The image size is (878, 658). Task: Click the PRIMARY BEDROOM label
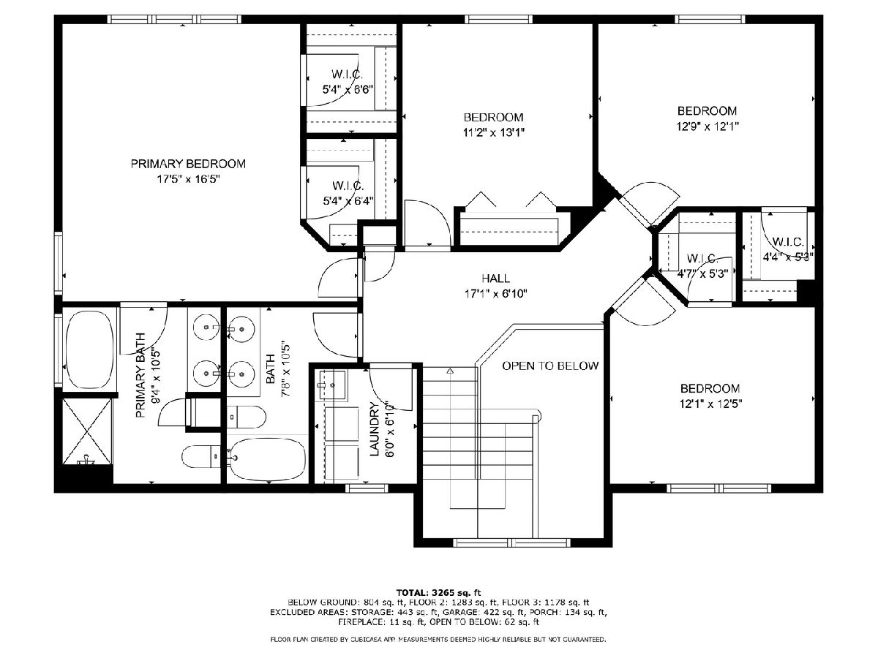coord(188,164)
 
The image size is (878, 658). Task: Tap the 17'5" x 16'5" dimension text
coord(188,179)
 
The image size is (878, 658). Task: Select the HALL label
coord(495,279)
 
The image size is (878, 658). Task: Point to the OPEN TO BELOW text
coord(550,366)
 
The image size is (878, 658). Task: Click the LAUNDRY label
coord(375,428)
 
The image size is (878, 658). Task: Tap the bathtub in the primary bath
coord(89,350)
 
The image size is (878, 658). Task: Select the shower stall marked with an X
coord(88,431)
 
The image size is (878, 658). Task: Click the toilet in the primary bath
coord(201,456)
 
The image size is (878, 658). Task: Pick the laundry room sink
coord(332,385)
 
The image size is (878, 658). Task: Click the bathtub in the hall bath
coord(268,459)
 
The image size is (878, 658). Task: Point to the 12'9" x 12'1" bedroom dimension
coord(708,126)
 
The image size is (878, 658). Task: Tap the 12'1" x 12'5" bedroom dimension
coord(710,404)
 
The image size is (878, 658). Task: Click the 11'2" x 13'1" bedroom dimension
coord(494,132)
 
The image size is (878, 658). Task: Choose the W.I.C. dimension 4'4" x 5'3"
coord(787,257)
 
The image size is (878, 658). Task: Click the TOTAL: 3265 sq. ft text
coord(438,592)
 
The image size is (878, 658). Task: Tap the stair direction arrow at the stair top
coord(451,371)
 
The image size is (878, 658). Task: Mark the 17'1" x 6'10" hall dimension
coord(495,294)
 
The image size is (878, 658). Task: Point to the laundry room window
coord(367,488)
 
